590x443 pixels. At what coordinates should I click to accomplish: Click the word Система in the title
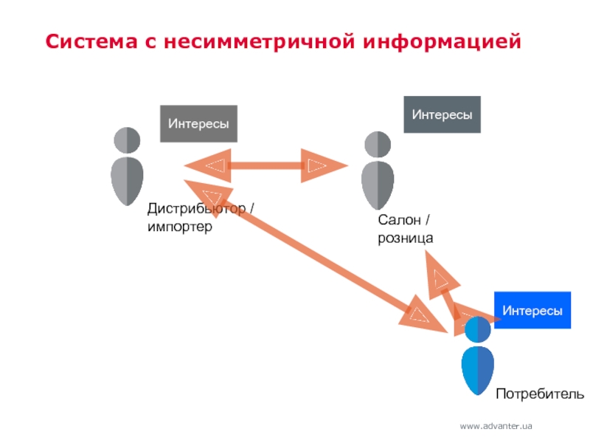pos(88,41)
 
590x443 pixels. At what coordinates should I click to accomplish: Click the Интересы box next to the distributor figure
pos(198,123)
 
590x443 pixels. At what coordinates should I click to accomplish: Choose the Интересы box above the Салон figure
pos(442,114)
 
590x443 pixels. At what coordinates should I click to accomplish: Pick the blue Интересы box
pos(532,310)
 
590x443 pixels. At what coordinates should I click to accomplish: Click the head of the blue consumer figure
pos(478,329)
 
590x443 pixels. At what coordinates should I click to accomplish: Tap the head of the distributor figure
pos(127,140)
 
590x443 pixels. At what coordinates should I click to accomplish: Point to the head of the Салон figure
pos(378,143)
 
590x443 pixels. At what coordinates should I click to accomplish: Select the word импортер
pos(179,227)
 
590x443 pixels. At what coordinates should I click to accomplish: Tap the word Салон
pos(399,221)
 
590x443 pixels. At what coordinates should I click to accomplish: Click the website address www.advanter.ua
pos(496,427)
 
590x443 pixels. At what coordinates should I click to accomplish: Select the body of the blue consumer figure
pos(478,369)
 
